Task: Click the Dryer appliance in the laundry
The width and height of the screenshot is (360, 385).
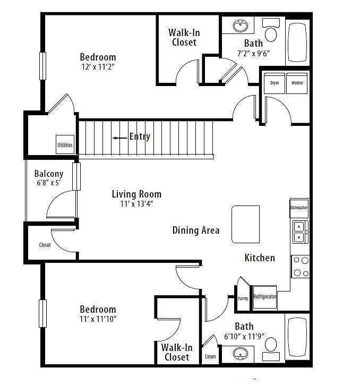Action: (275, 83)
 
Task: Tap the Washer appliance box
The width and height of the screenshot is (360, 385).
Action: (297, 83)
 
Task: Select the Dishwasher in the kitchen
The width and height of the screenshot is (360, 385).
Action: (299, 208)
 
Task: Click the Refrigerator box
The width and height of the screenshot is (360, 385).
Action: (265, 297)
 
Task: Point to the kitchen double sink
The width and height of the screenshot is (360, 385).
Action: (301, 232)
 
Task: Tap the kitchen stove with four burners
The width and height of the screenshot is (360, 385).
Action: (301, 267)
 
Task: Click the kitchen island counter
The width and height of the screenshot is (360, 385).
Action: (245, 224)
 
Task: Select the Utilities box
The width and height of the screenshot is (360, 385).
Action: (65, 144)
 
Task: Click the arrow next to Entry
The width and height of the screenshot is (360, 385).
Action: (120, 138)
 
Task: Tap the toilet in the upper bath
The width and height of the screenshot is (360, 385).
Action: (271, 30)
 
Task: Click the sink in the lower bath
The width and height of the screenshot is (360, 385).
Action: (240, 354)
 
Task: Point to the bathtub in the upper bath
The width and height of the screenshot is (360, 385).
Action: (297, 42)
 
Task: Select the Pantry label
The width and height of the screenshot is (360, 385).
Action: (243, 298)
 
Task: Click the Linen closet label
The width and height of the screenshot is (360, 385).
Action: (210, 356)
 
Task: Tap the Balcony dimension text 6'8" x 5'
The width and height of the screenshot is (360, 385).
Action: (49, 183)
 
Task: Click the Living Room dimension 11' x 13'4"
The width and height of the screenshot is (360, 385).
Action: (136, 204)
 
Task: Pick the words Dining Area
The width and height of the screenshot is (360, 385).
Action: (196, 230)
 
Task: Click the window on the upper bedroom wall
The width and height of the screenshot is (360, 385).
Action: (42, 66)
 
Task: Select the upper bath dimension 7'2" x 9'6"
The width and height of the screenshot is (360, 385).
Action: (253, 53)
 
